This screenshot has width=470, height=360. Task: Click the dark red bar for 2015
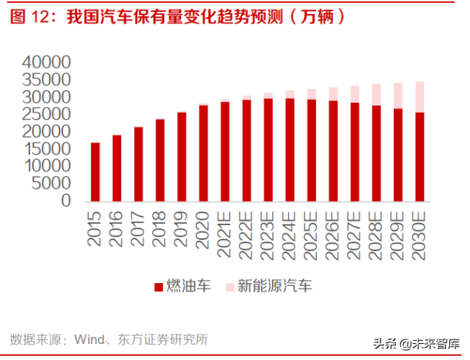pyautogui.click(x=95, y=172)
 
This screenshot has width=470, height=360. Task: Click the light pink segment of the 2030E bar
pyautogui.click(x=419, y=97)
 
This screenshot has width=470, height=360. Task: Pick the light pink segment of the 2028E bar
pyautogui.click(x=376, y=95)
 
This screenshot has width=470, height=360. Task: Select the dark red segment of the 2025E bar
pyautogui.click(x=312, y=150)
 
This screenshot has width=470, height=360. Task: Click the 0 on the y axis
pyautogui.click(x=66, y=200)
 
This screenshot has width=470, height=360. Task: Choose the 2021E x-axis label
pyautogui.click(x=225, y=231)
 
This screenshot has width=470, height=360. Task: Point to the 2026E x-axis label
pyautogui.click(x=333, y=231)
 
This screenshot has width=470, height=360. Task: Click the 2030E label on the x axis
pyautogui.click(x=419, y=231)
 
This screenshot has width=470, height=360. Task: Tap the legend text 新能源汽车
pyautogui.click(x=275, y=287)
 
